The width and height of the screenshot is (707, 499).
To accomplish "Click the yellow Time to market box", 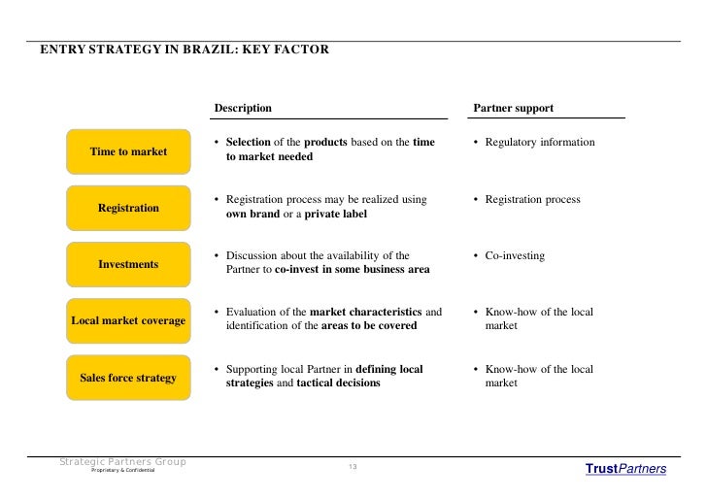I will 128,151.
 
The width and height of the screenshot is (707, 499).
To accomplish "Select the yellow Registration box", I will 128,208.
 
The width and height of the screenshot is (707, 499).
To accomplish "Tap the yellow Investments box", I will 128,264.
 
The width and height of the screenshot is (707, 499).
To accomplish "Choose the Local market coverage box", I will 128,320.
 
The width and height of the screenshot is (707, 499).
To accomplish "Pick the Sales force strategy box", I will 128,377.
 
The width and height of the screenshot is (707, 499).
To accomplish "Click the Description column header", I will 243,108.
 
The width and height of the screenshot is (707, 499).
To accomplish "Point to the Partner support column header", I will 513,108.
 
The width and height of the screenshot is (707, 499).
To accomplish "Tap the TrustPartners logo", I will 625,469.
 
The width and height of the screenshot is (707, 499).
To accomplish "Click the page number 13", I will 353,468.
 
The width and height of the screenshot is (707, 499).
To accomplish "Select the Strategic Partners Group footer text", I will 122,461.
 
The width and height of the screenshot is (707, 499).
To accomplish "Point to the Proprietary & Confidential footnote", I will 122,471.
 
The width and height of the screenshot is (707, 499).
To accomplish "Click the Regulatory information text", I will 540,143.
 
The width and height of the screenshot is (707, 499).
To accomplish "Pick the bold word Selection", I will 248,143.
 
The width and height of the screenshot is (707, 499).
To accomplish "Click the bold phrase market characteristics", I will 365,312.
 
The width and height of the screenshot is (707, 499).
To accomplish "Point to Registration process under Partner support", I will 532,199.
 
